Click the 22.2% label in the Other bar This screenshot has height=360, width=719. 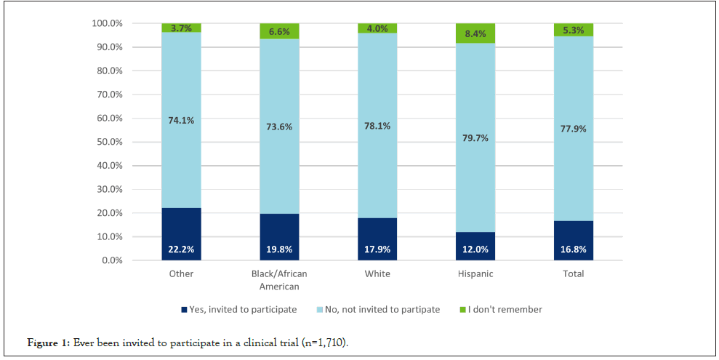[x=181, y=249]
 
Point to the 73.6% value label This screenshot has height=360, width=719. [x=279, y=126]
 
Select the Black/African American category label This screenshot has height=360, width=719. [x=279, y=280]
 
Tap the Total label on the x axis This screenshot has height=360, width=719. [x=574, y=274]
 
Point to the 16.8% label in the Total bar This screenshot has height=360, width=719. [x=574, y=249]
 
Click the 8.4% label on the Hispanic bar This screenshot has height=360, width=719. [x=475, y=32]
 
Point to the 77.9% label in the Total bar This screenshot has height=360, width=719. [x=574, y=129]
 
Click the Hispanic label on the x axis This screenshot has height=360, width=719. [x=475, y=274]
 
